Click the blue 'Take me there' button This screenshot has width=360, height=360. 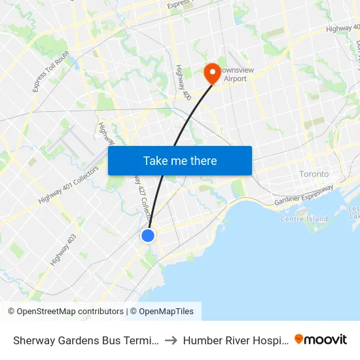180,160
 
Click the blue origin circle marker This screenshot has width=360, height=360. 148,235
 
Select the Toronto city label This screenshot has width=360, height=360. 314,174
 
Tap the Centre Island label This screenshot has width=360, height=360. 304,219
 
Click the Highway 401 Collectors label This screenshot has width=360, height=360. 68,185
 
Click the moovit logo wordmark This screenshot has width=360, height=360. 326,339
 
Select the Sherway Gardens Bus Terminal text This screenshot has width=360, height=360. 85,340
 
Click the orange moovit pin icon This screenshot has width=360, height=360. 299,339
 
